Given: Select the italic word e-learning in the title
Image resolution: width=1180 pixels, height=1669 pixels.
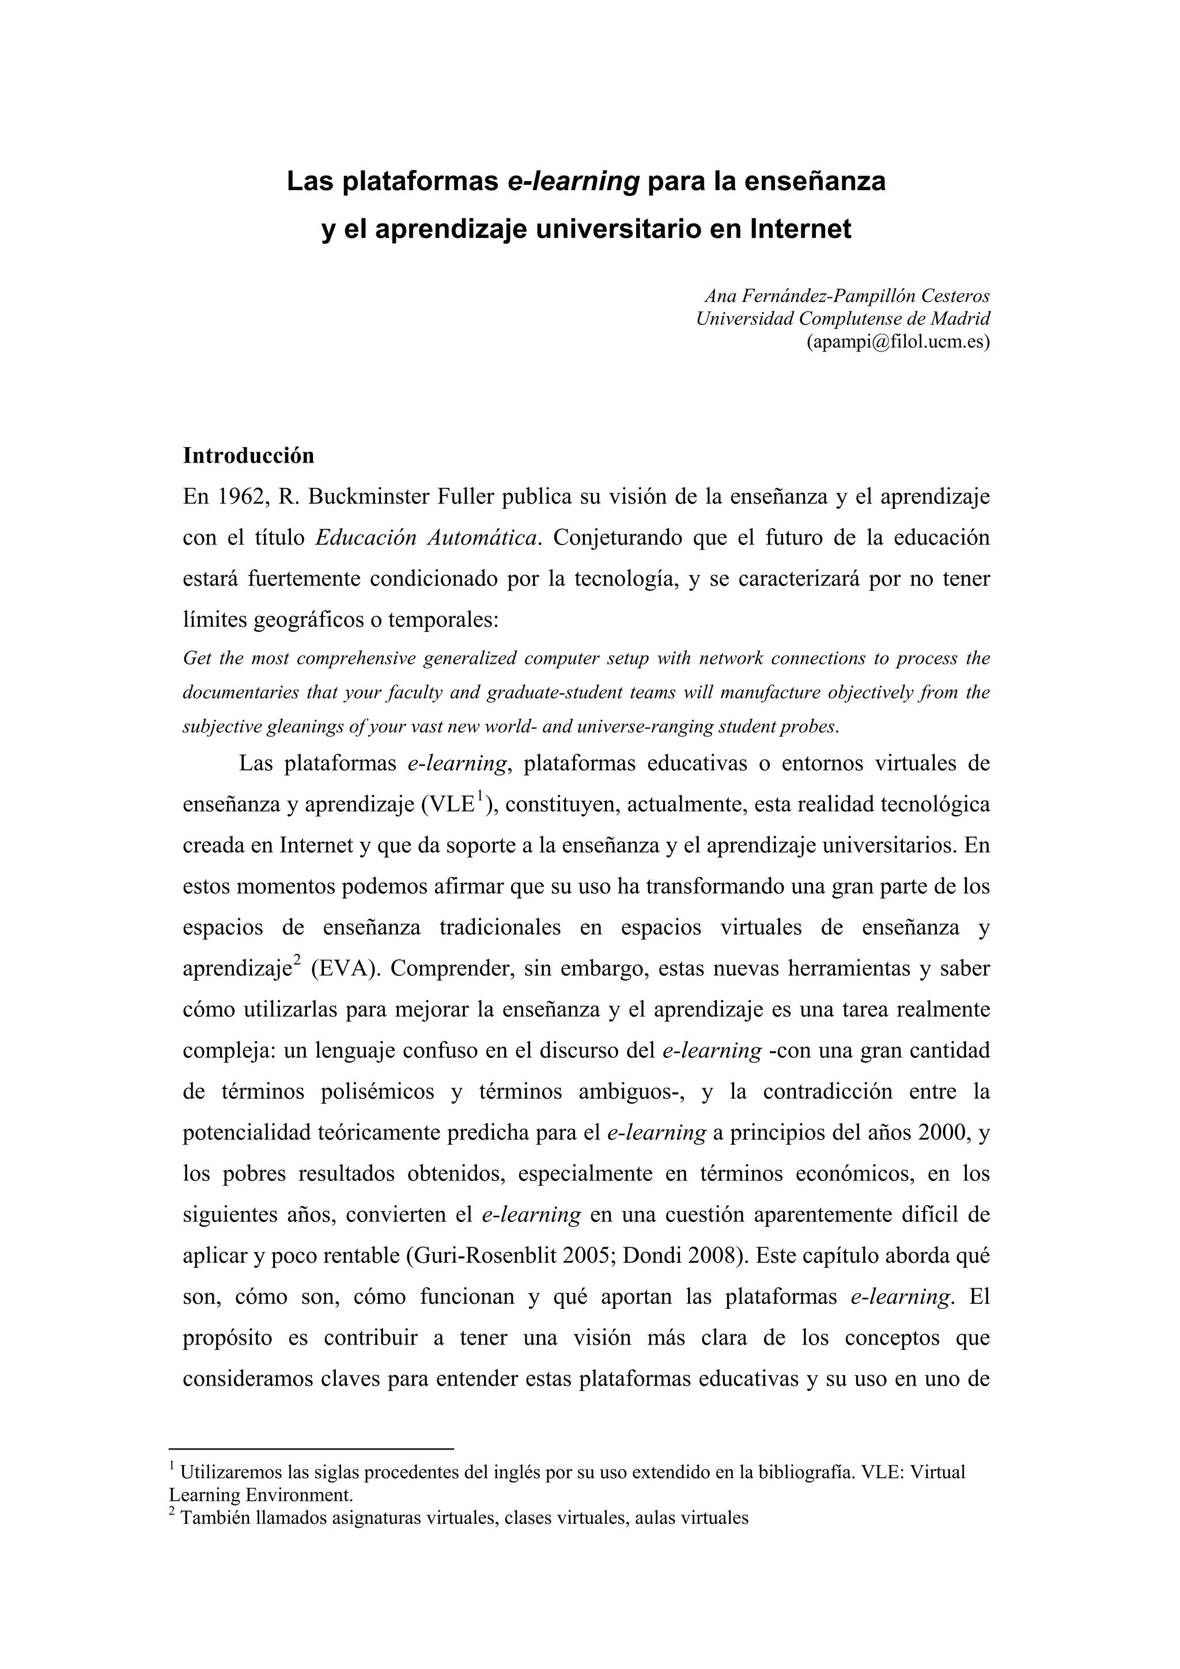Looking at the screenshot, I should tap(572, 181).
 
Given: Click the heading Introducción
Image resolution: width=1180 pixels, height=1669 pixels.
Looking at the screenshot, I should tap(249, 456).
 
